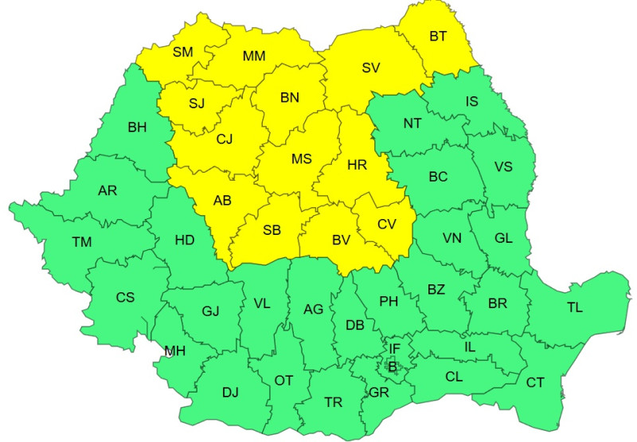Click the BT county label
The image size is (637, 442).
(438, 36)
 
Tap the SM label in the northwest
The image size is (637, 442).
(183, 53)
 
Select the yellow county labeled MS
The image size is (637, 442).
(301, 158)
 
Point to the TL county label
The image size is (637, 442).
(574, 307)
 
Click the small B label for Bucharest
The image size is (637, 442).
(393, 366)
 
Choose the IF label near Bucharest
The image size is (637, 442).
(394, 348)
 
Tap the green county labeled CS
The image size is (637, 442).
(125, 298)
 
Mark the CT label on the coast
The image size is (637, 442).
(535, 383)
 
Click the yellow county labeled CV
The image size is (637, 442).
(386, 225)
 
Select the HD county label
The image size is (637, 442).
(185, 239)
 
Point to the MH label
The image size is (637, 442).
(175, 350)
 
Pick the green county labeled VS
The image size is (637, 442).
(503, 166)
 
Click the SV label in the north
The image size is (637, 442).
(370, 68)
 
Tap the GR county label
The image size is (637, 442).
(378, 393)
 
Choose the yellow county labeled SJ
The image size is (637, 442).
(197, 104)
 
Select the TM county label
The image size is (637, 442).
(81, 242)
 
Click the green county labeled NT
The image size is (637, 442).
(412, 123)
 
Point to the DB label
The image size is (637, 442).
(354, 325)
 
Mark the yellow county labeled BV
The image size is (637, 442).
(342, 239)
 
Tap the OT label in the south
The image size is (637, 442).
(283, 381)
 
